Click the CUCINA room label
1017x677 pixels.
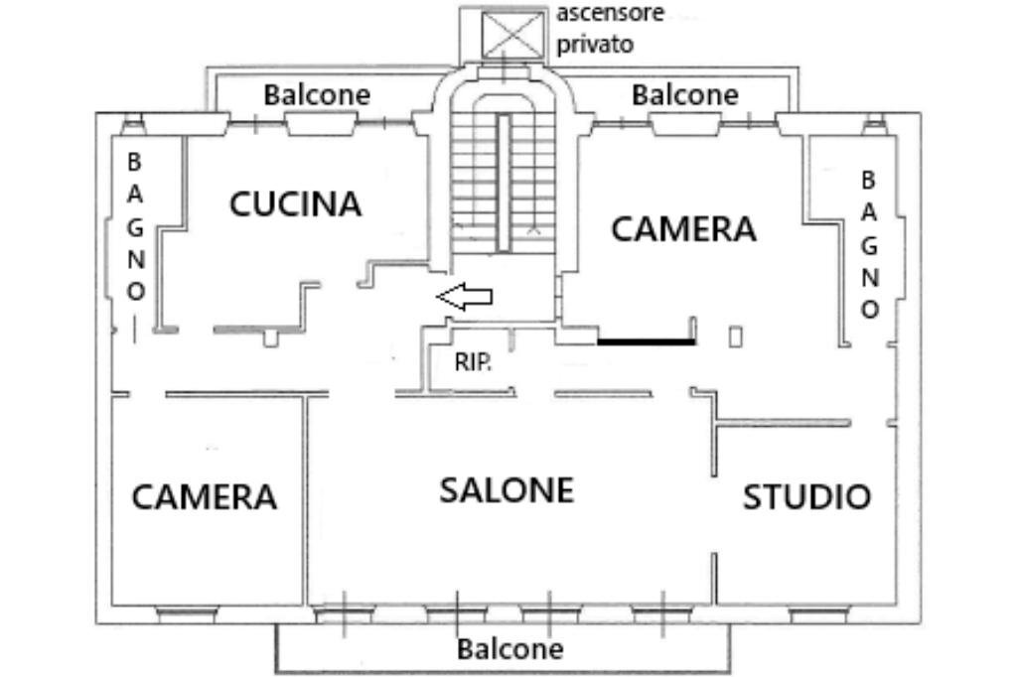[295, 203]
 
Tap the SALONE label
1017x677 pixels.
[507, 489]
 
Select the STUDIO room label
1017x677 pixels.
[806, 496]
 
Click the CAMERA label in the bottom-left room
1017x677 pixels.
[204, 496]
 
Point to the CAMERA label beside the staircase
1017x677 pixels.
[683, 228]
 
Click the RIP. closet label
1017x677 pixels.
[473, 362]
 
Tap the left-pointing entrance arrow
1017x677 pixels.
[465, 296]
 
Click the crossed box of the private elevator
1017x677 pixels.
[511, 35]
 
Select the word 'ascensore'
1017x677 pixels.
[610, 14]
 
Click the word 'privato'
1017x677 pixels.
[595, 45]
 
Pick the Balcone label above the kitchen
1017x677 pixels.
[316, 95]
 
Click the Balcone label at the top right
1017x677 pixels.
[685, 95]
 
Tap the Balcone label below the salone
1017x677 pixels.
[509, 649]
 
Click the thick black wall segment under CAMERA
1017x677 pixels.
[646, 342]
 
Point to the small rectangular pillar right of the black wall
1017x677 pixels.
[735, 337]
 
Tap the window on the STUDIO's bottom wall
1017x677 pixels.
[817, 614]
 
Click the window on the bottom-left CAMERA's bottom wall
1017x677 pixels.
[187, 614]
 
